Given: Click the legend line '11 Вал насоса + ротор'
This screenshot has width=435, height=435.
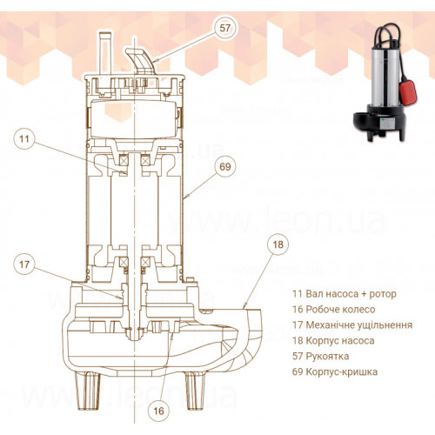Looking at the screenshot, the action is click(345, 294).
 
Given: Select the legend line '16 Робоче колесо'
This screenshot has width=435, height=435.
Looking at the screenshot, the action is click(333, 310).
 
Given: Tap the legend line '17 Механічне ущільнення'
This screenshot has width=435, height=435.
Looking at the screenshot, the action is click(352, 325).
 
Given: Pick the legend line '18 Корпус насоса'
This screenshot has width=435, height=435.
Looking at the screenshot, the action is click(333, 341).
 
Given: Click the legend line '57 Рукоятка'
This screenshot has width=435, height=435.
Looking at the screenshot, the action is click(320, 356).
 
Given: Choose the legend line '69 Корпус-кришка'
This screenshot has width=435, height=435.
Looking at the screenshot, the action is click(335, 371).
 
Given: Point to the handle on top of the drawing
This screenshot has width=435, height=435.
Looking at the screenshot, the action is click(141, 61).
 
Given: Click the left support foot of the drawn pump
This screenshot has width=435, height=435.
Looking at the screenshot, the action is click(88, 391).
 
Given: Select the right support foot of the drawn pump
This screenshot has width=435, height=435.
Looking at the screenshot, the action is click(195, 391).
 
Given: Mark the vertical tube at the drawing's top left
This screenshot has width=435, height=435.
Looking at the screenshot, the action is click(105, 53).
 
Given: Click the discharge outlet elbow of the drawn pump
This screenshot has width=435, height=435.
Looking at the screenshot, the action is click(246, 333).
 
